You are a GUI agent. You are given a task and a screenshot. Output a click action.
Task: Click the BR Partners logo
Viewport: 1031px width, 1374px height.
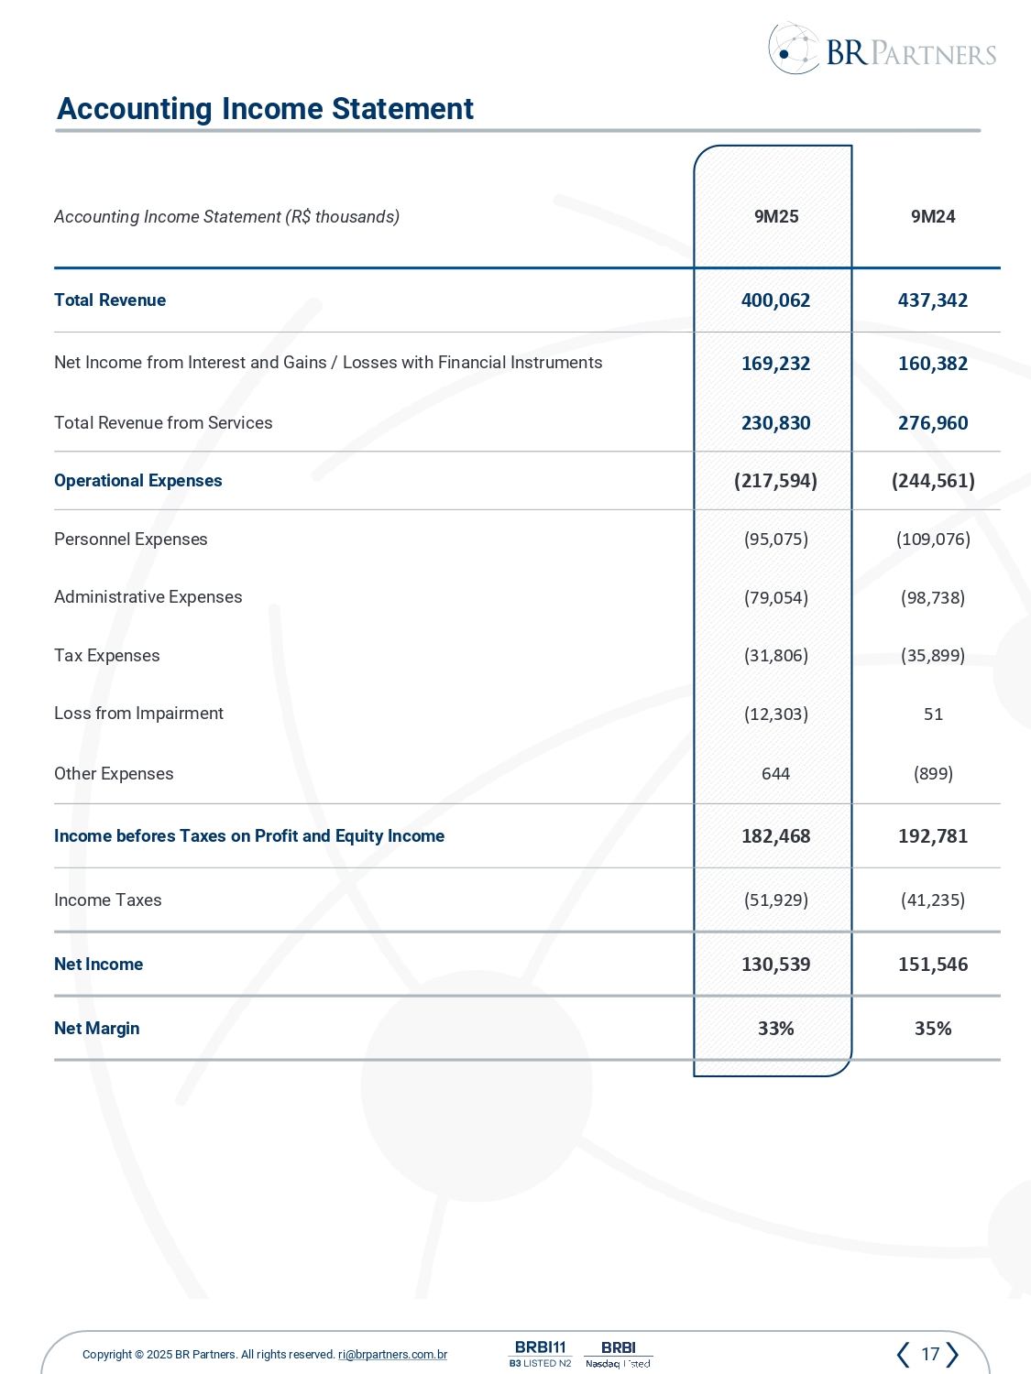[882, 50]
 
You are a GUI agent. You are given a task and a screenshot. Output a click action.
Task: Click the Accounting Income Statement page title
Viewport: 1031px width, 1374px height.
[265, 109]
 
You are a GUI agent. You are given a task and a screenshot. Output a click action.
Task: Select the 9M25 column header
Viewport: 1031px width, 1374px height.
[776, 217]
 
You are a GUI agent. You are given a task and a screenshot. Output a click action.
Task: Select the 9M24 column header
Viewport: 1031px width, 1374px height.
[933, 217]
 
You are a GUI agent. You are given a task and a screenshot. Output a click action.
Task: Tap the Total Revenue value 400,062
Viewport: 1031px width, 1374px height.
[775, 300]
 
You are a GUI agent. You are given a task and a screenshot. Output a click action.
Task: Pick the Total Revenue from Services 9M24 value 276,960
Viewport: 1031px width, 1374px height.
[933, 423]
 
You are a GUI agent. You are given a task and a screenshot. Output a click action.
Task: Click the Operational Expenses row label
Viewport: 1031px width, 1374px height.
[138, 481]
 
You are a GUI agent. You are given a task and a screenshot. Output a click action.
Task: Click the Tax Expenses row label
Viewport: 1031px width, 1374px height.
[107, 656]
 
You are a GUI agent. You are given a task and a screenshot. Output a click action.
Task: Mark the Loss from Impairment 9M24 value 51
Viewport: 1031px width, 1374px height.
[933, 714]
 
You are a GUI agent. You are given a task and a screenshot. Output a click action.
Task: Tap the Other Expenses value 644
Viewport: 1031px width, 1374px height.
[775, 774]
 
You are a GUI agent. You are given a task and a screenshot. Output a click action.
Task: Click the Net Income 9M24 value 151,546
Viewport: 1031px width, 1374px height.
[933, 965]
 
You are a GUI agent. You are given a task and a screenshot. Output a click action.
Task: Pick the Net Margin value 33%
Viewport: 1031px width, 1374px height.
[775, 1029]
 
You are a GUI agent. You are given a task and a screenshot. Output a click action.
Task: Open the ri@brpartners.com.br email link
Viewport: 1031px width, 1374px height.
[392, 1355]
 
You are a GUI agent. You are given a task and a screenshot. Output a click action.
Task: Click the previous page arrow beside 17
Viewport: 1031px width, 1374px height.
[904, 1354]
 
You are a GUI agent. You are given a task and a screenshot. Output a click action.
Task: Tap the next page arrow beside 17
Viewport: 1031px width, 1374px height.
[952, 1354]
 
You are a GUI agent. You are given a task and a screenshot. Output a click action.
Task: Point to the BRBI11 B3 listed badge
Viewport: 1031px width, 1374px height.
[540, 1354]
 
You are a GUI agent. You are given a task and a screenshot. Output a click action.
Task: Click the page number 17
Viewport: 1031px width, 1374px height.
[929, 1354]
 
